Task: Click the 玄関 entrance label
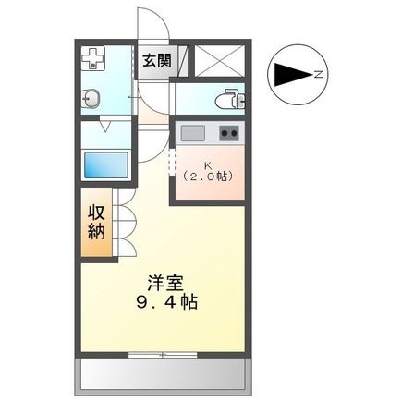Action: (156, 61)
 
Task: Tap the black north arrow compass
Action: (289, 74)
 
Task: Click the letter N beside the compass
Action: (317, 74)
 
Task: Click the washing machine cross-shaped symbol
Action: (93, 60)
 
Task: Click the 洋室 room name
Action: (160, 280)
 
